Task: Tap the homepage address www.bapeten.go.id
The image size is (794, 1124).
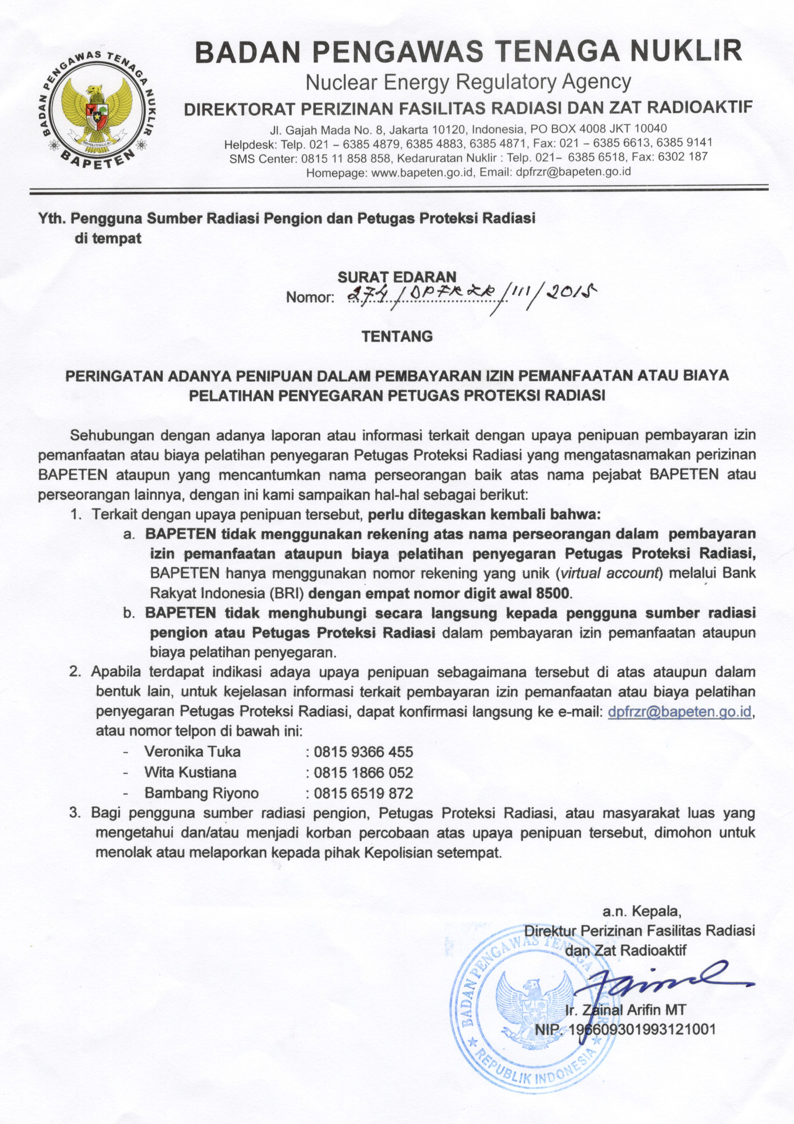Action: (423, 172)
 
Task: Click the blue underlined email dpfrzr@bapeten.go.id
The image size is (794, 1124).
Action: (679, 711)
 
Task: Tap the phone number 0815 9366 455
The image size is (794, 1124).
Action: (364, 751)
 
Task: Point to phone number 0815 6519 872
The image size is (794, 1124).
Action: (364, 793)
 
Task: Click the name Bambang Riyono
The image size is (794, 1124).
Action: (201, 793)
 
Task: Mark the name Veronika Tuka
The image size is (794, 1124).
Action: (192, 751)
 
